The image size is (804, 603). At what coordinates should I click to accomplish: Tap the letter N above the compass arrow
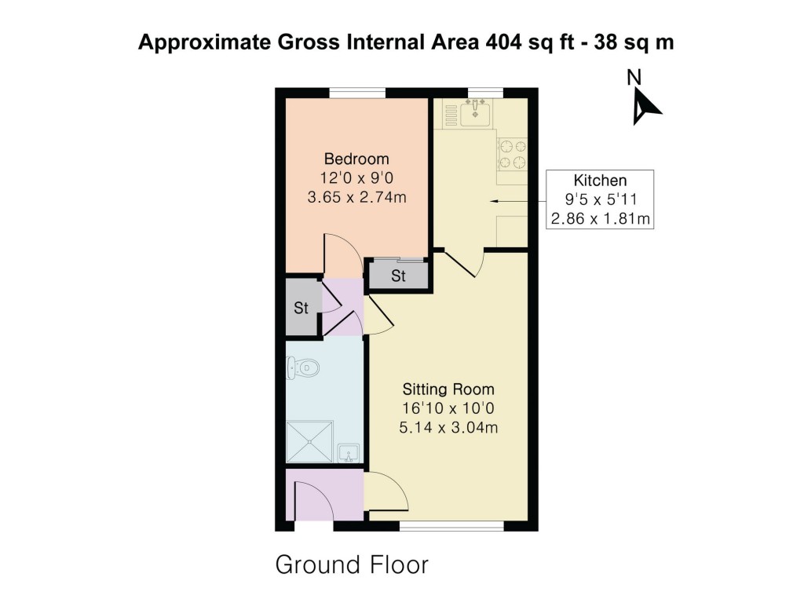(x=634, y=78)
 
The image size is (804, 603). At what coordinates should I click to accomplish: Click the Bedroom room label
(x=357, y=159)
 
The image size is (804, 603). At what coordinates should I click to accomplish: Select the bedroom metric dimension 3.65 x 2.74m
(x=357, y=196)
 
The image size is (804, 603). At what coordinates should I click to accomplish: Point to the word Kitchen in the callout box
(x=601, y=180)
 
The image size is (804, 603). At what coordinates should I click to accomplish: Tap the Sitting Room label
(x=448, y=389)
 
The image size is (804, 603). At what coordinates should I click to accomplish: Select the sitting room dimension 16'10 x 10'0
(x=448, y=408)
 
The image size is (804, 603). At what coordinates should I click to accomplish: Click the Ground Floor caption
(x=352, y=565)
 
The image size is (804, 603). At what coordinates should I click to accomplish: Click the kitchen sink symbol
(x=475, y=115)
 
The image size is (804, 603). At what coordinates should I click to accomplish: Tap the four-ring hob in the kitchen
(x=511, y=154)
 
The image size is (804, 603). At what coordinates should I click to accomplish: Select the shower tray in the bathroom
(x=309, y=443)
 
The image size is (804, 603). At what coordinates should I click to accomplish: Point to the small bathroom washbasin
(x=349, y=453)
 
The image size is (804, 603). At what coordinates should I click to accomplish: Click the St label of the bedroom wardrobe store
(x=399, y=276)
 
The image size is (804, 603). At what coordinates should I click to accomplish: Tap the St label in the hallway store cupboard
(x=301, y=308)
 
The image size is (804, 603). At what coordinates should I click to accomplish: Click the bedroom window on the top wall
(x=357, y=93)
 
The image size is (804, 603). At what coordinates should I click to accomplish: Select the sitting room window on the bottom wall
(x=451, y=525)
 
